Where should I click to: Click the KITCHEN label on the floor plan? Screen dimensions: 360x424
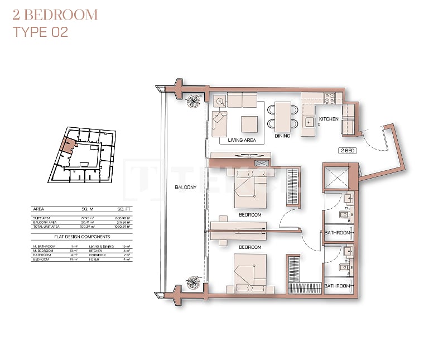tap(329, 119)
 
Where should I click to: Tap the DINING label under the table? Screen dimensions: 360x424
tap(282, 136)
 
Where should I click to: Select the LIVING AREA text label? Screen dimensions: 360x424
tap(242, 140)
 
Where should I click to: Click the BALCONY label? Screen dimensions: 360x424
tap(186, 187)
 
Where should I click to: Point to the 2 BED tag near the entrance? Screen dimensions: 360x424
tap(348, 151)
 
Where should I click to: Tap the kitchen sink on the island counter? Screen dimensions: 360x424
tap(309, 121)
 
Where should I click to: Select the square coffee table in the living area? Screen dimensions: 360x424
tap(249, 123)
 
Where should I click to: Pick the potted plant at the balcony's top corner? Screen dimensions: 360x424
tap(194, 101)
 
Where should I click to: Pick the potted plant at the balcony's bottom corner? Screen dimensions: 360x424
tap(194, 283)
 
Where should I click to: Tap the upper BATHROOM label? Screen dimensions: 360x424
tap(338, 233)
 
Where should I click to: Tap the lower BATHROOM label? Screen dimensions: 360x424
tap(338, 286)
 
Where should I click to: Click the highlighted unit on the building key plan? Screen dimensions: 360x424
tap(68, 145)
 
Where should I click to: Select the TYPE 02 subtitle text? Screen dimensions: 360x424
tap(40, 32)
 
